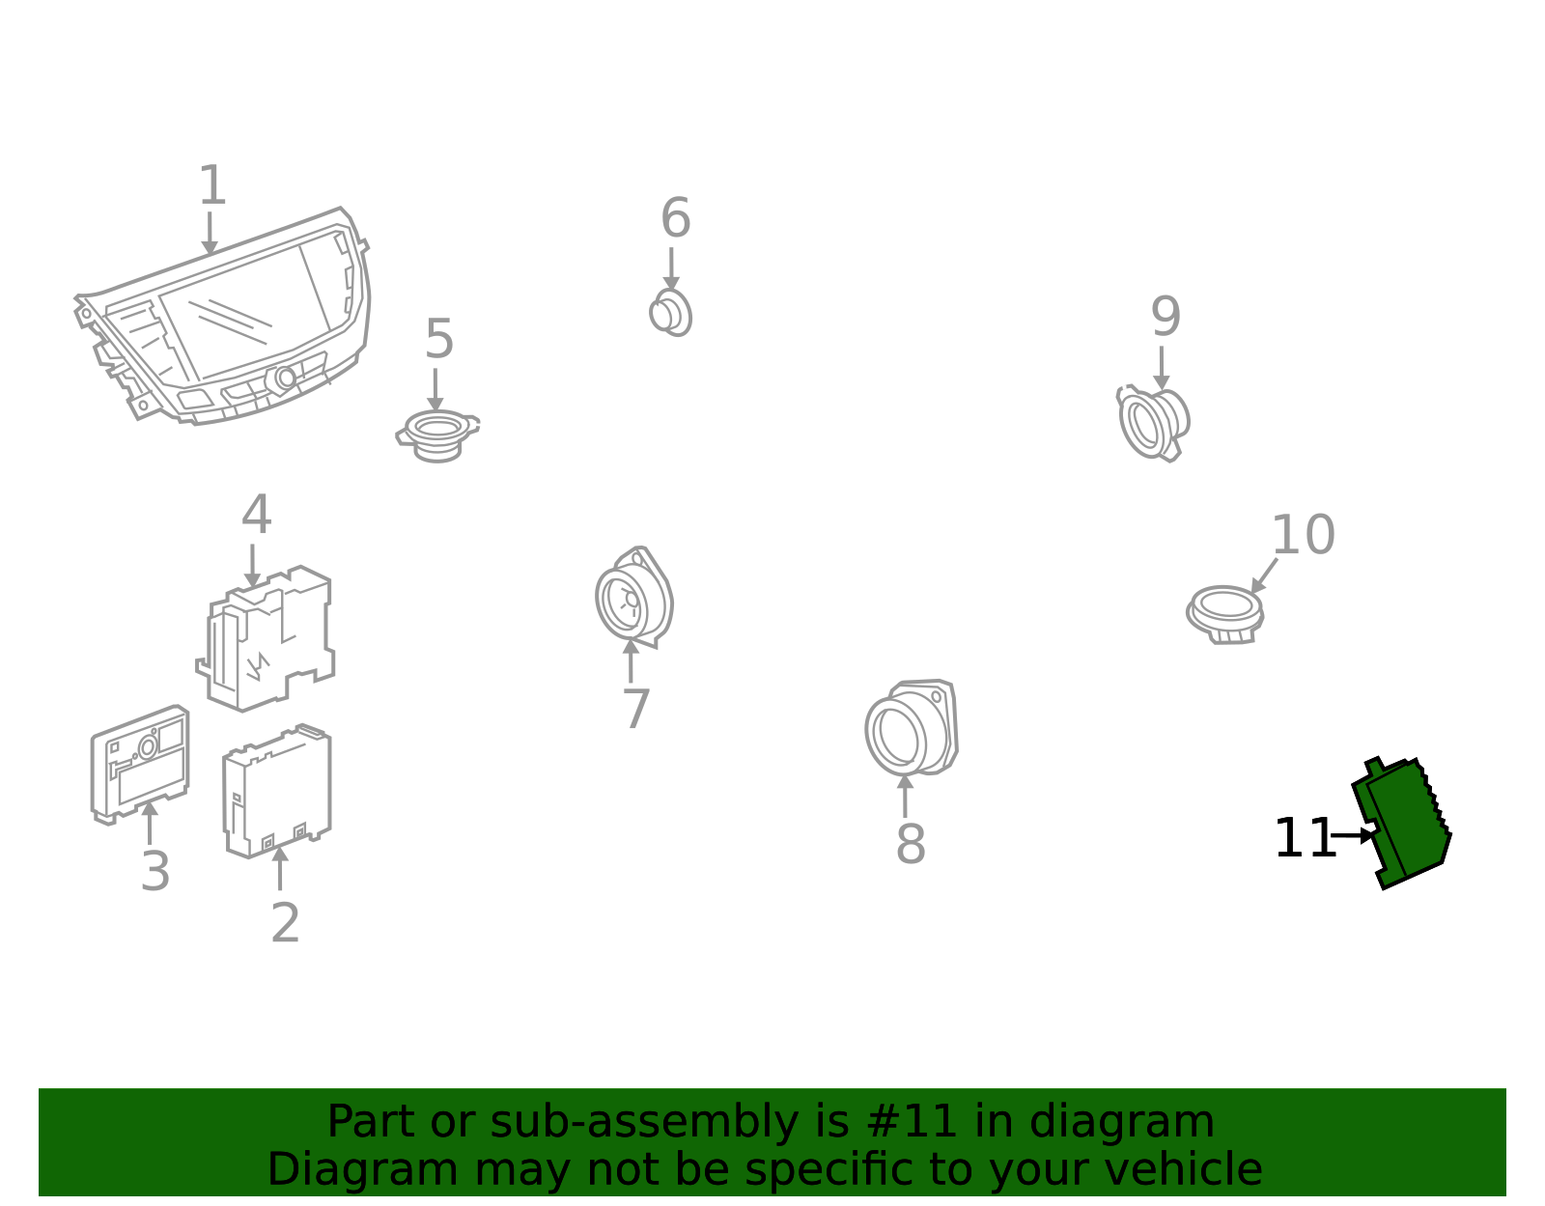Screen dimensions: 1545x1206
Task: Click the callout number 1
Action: (x=212, y=185)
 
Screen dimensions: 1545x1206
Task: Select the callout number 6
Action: (x=675, y=217)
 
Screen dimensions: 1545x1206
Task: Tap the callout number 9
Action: (x=1166, y=317)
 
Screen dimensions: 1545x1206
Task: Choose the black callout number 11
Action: (x=1304, y=838)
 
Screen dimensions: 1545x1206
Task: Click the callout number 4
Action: (x=256, y=515)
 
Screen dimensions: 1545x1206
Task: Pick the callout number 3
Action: (x=155, y=871)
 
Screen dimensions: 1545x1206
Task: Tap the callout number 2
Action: (x=285, y=923)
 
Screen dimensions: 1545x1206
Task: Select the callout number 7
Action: (x=636, y=709)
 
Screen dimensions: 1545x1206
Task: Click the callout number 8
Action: (x=910, y=844)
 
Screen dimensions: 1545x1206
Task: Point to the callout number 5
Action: (x=439, y=339)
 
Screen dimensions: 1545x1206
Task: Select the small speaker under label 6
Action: (x=670, y=313)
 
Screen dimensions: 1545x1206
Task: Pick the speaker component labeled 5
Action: (x=437, y=435)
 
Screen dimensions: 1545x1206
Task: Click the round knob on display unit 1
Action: (x=286, y=379)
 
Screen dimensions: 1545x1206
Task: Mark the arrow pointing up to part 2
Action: (x=280, y=868)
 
